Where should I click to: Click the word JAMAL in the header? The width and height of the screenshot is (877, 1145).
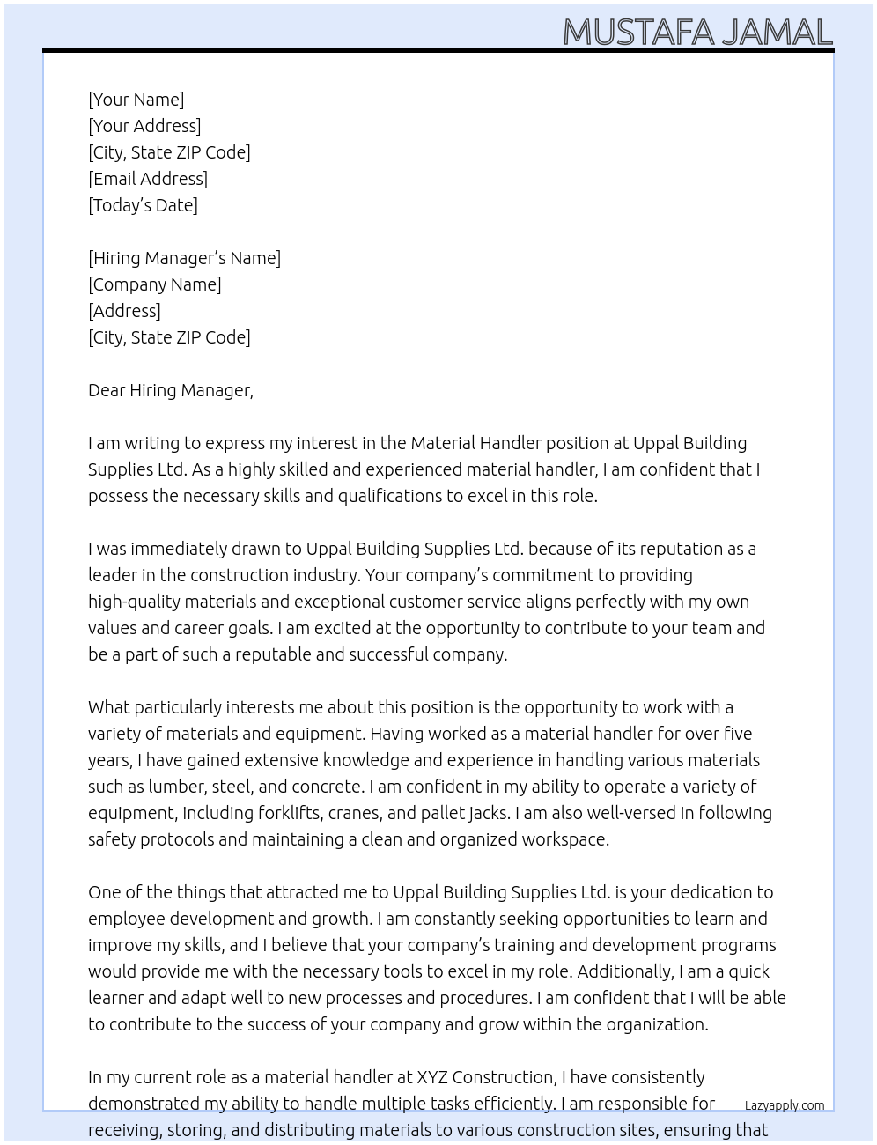777,33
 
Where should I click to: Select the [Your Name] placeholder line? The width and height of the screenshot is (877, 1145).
136,100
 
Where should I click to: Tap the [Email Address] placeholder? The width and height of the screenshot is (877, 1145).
148,179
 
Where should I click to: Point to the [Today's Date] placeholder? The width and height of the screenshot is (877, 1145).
143,205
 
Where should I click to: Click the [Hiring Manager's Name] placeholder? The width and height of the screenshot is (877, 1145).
184,258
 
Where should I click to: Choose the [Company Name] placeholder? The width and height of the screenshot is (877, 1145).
154,284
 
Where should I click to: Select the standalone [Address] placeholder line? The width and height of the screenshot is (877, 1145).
124,311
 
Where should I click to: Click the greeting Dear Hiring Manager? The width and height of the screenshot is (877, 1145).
170,390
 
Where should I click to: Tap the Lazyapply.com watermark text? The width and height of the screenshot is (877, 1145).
784,1105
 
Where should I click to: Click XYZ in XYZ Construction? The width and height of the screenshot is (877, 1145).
432,1077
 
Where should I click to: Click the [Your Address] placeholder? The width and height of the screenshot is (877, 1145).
144,126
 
